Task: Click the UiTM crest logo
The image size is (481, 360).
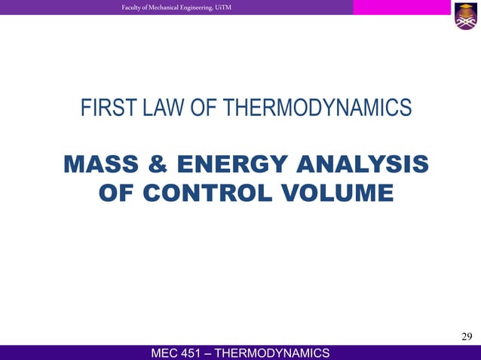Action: (x=464, y=17)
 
